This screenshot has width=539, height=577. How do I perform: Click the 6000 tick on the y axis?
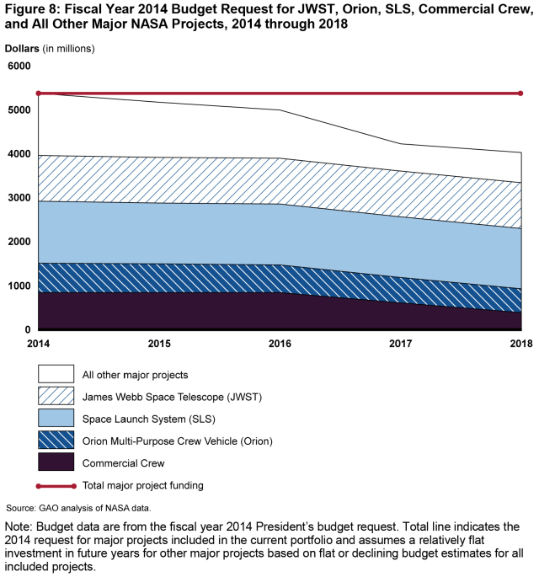(19, 66)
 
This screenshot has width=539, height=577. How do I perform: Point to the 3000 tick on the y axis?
(19, 198)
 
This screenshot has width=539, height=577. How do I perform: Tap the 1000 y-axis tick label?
(19, 286)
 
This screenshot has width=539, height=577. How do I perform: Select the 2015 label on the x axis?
(158, 344)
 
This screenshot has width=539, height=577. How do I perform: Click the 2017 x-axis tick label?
(400, 344)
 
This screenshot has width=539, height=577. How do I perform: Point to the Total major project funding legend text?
(142, 485)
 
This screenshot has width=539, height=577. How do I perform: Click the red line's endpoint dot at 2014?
(38, 93)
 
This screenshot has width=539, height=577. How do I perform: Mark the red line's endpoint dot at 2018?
(521, 93)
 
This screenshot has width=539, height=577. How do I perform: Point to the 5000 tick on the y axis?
(19, 110)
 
